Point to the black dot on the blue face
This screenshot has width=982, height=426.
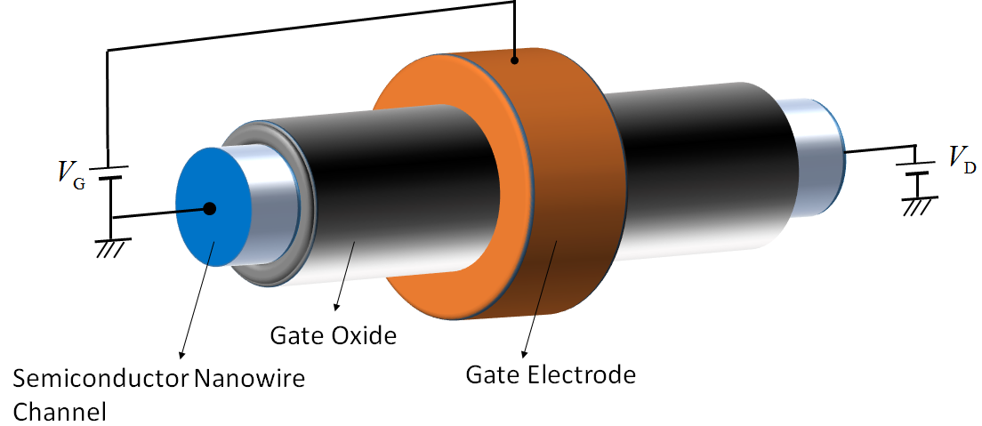click(x=210, y=209)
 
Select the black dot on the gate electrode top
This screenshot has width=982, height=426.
click(x=515, y=60)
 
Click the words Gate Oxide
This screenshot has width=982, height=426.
click(x=333, y=336)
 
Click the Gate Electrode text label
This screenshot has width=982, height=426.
click(x=551, y=374)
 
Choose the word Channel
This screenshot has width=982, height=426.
click(x=60, y=411)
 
